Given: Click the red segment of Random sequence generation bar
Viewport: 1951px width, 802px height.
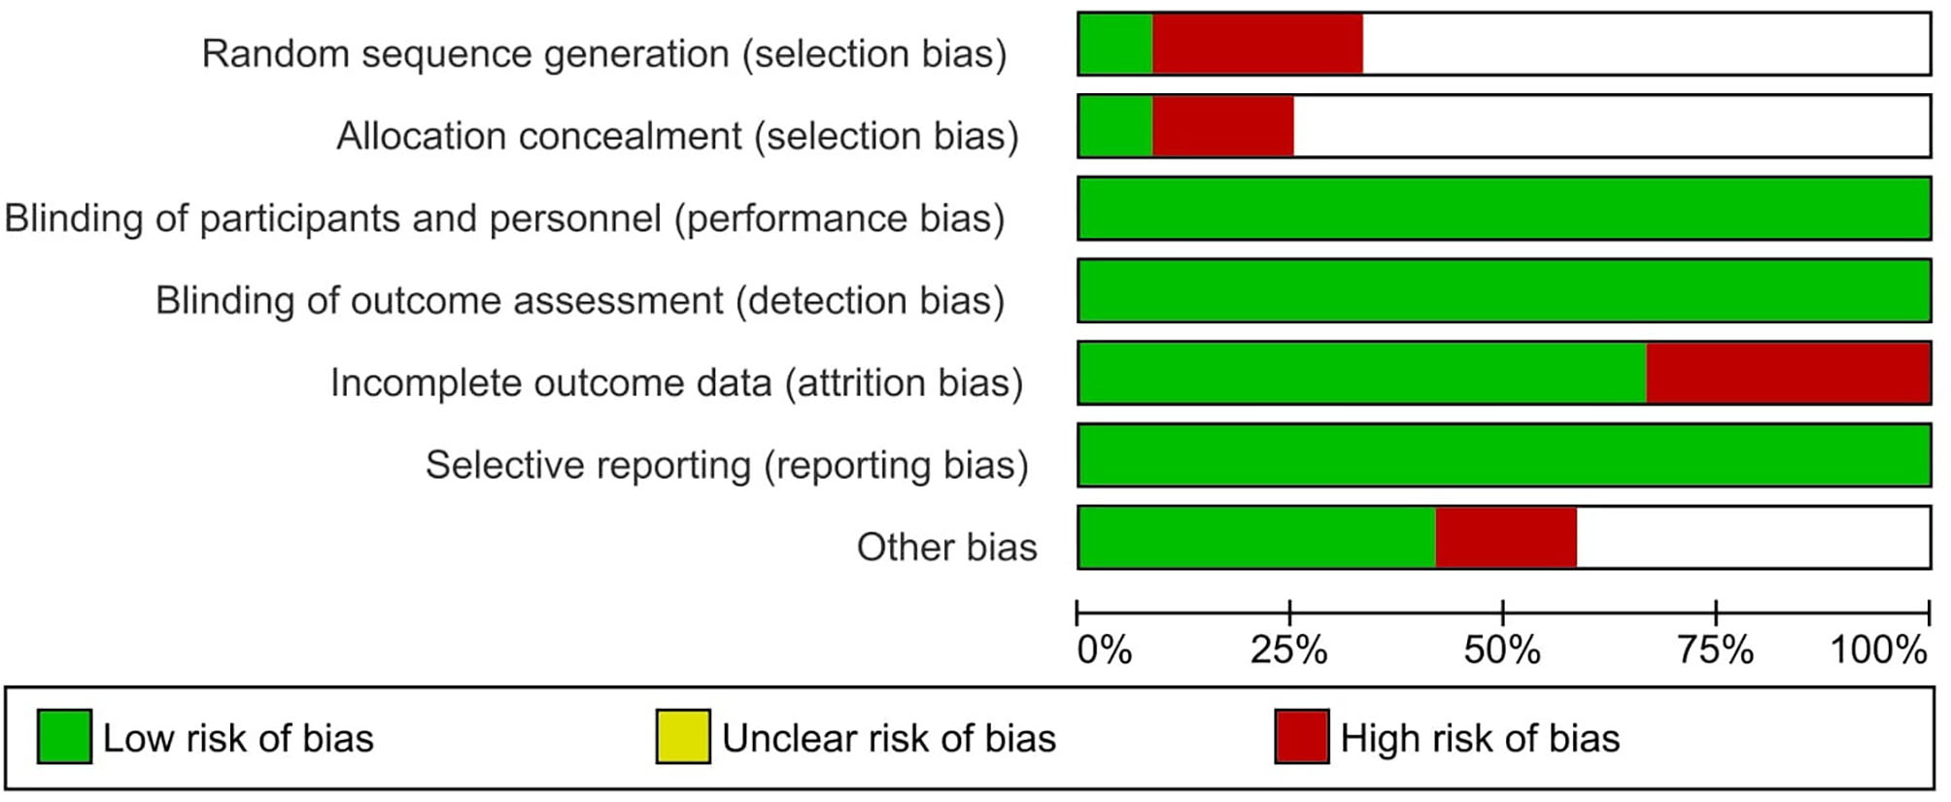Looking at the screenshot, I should [x=1257, y=44].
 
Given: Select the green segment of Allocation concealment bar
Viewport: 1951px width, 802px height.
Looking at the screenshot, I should [x=1115, y=126].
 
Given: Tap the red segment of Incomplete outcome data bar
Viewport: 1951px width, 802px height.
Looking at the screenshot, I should [x=1788, y=373].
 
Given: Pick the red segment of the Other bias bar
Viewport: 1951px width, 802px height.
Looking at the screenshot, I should [x=1505, y=537].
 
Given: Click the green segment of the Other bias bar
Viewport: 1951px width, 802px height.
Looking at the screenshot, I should [x=1256, y=537].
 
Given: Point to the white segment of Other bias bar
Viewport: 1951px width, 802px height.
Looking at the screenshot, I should [x=1752, y=537].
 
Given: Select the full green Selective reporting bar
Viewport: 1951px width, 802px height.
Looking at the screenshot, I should [x=1504, y=455].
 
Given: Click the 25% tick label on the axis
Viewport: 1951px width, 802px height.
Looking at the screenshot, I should [x=1288, y=650].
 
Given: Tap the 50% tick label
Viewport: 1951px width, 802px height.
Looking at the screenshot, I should [x=1502, y=650].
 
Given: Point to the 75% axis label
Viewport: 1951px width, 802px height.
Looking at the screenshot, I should [x=1715, y=650].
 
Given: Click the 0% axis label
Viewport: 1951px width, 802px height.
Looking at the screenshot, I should [x=1105, y=650].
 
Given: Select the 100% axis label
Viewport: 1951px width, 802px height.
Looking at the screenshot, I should [x=1878, y=650].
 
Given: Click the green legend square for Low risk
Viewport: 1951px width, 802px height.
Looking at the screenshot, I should [x=64, y=736].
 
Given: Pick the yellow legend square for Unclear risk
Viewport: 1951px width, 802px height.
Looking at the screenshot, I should [x=683, y=736].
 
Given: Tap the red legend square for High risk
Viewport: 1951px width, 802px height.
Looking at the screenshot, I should [x=1301, y=736].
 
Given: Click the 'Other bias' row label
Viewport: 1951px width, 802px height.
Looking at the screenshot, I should [x=946, y=548].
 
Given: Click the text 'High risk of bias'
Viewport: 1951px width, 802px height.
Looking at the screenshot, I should [x=1480, y=739].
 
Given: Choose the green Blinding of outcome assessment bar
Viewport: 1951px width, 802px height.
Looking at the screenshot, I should [x=1504, y=290].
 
